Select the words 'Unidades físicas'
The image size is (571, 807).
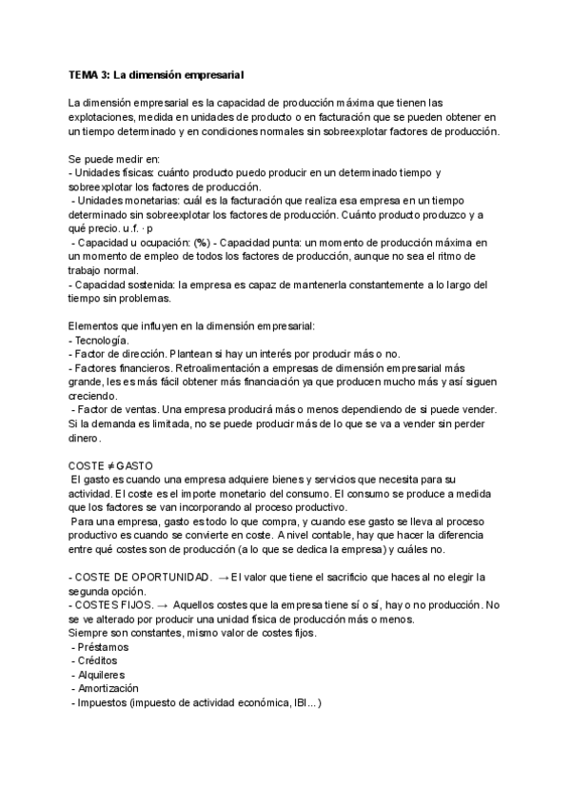[x=113, y=172]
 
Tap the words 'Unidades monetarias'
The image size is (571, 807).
[x=126, y=201]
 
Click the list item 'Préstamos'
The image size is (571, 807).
[x=104, y=646]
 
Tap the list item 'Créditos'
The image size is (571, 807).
[x=100, y=660]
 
